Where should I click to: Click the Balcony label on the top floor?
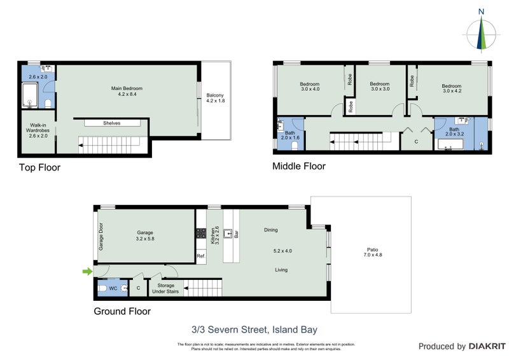tap(214, 99)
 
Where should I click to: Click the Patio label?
tap(373, 252)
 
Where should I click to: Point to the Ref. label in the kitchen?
tap(200, 256)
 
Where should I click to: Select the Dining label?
tap(271, 230)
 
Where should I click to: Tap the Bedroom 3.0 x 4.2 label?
tap(450, 88)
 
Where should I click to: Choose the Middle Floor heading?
tap(298, 167)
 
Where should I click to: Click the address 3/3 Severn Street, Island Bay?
tap(254, 329)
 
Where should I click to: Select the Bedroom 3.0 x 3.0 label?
tap(379, 87)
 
